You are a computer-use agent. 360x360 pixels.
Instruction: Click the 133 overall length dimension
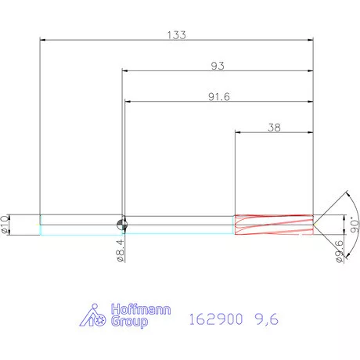click(x=176, y=35)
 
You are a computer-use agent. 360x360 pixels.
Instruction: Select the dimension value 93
click(x=218, y=67)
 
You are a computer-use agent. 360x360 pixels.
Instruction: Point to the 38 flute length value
click(x=275, y=127)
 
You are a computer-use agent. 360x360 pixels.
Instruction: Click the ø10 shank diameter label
click(x=5, y=224)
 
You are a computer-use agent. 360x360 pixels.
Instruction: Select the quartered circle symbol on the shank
click(x=122, y=225)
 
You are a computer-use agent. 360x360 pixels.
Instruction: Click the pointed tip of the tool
click(x=315, y=225)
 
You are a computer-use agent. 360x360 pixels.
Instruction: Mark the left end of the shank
click(x=40, y=225)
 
